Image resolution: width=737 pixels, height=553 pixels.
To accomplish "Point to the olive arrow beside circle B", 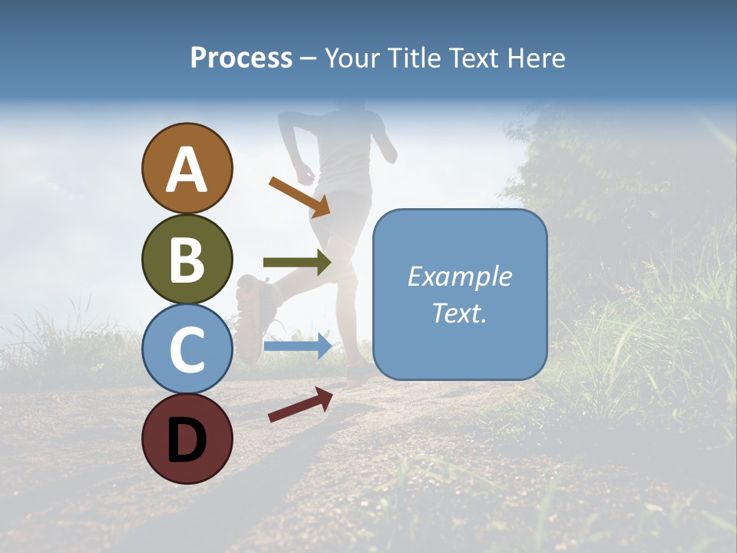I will click(297, 263).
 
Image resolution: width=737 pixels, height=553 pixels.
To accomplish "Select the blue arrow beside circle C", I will click(297, 346).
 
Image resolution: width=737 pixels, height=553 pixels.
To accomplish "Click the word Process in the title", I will click(241, 58).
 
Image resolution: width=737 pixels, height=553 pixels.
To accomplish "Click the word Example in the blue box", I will click(459, 276).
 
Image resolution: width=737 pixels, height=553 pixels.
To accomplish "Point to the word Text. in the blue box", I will click(459, 313).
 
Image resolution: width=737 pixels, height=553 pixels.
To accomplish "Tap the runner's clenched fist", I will click(306, 174).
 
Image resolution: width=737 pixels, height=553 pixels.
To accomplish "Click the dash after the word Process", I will click(309, 58).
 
